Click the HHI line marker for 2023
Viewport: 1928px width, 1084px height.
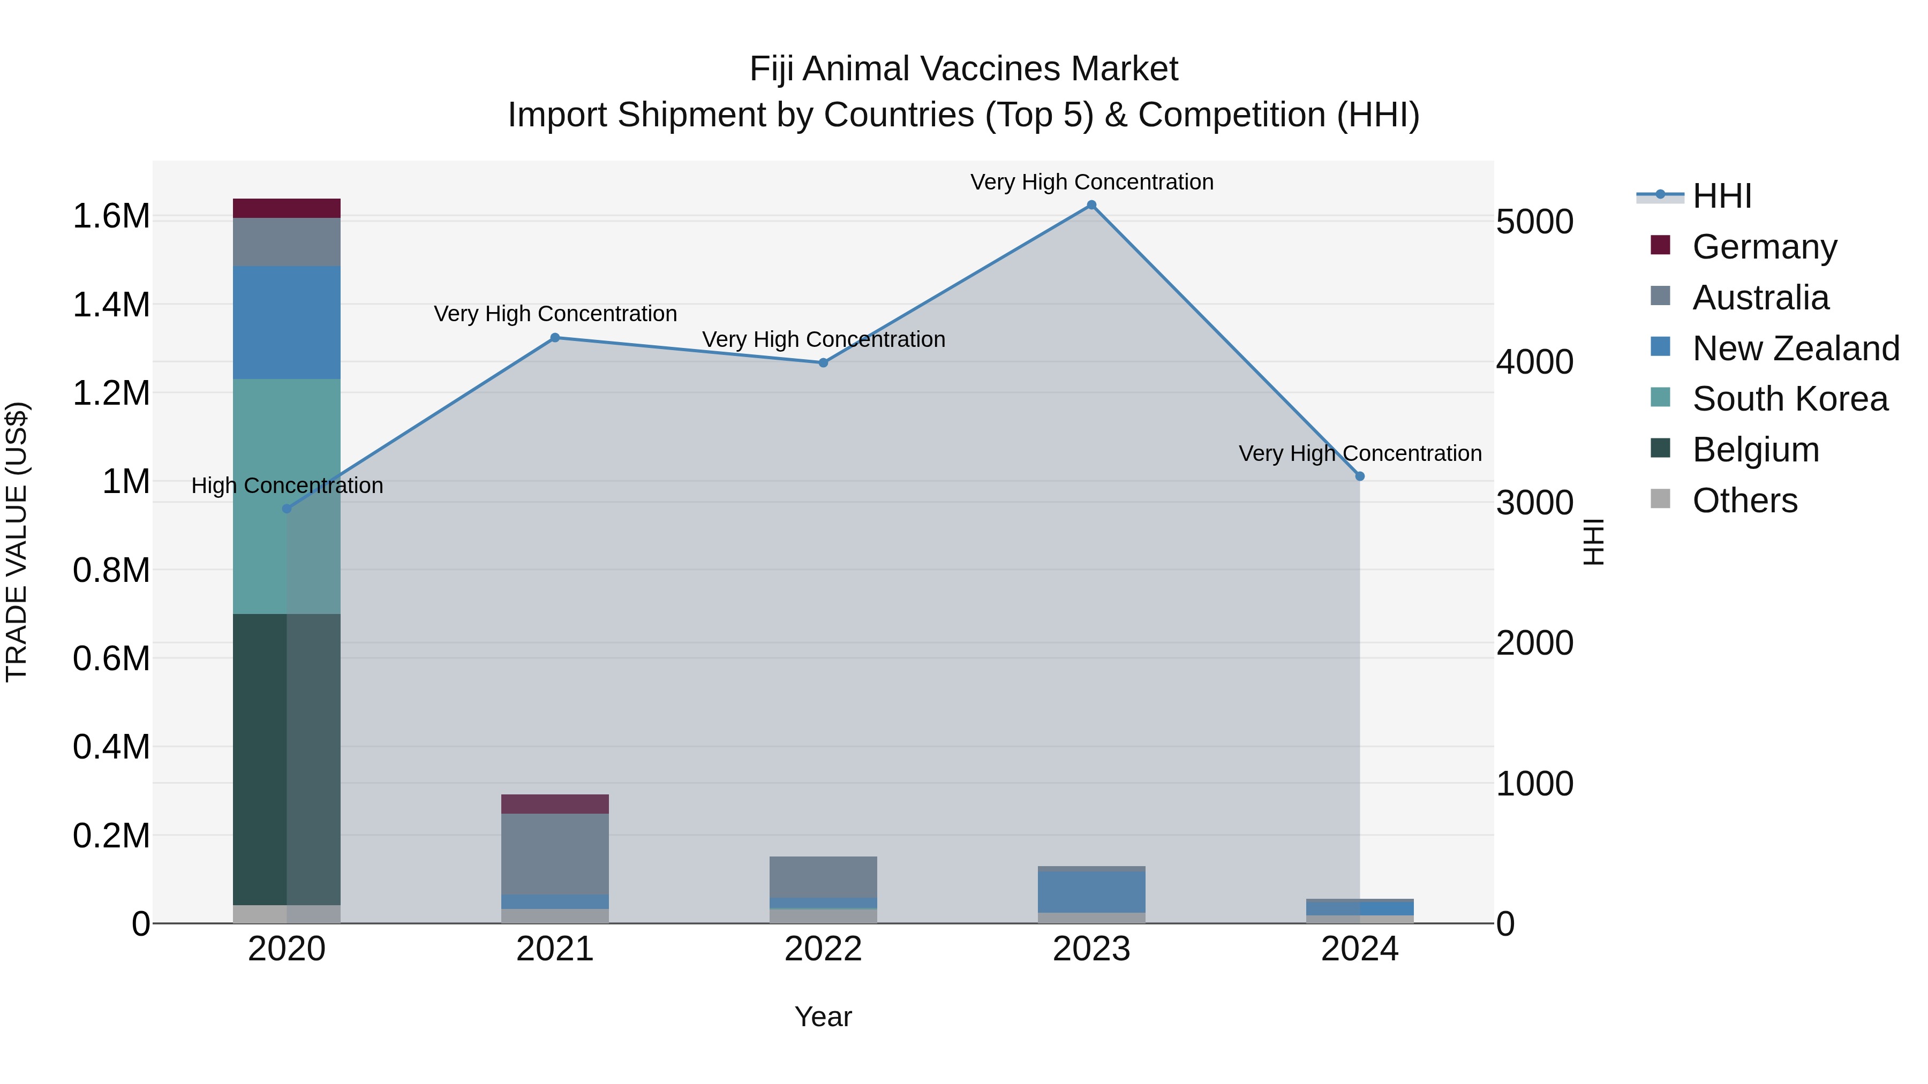click(1091, 205)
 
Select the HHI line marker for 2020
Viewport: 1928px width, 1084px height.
click(287, 509)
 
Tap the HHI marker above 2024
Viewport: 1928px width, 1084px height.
click(1360, 476)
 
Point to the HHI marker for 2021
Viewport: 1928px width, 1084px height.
click(555, 337)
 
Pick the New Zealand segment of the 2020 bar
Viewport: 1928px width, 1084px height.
click(287, 322)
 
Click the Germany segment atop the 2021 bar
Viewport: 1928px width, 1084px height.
click(555, 804)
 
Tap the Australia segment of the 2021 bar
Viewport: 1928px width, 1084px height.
click(555, 854)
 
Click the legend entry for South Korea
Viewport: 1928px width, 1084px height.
click(1789, 399)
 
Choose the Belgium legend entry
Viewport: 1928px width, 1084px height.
click(1755, 450)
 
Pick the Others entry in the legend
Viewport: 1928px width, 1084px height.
click(1744, 501)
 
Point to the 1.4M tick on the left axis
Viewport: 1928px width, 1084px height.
click(111, 305)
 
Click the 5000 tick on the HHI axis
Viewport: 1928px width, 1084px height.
click(1534, 222)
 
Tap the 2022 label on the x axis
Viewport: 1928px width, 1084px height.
click(823, 949)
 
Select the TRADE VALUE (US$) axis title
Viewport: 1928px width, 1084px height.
click(17, 542)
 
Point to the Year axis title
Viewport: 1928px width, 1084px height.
click(823, 1017)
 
